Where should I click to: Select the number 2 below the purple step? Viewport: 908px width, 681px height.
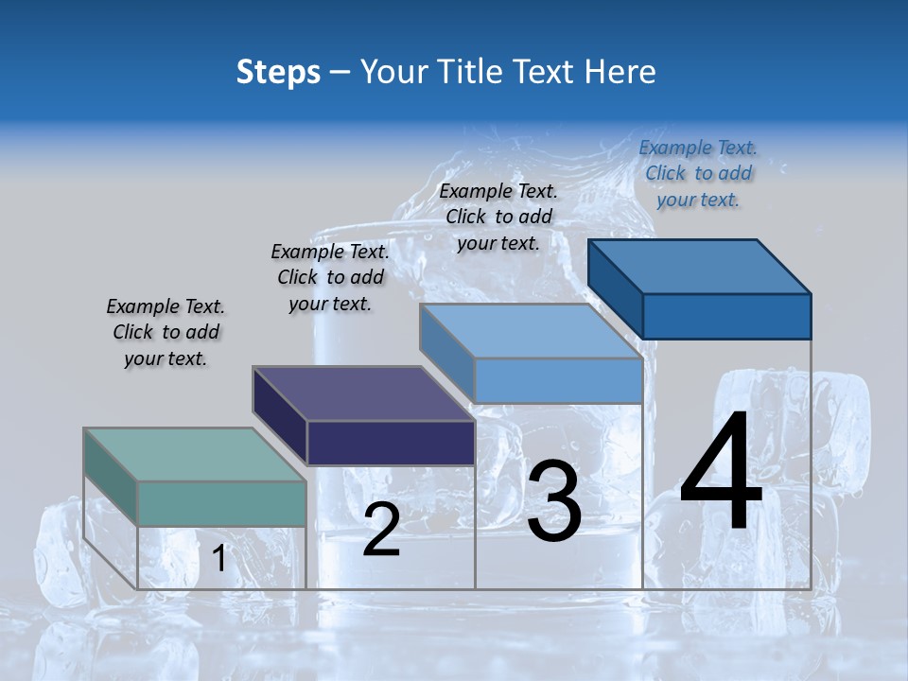[x=381, y=530]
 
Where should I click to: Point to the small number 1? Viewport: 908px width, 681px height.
[x=218, y=559]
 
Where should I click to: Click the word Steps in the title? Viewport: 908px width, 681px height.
[x=278, y=72]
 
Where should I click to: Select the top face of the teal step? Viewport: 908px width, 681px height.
[x=195, y=454]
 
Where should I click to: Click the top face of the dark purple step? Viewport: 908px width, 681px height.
[x=363, y=393]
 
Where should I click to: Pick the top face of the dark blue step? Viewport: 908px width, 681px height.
[x=700, y=266]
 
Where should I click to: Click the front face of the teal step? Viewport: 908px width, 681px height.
[x=221, y=503]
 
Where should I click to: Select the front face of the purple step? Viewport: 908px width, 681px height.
[x=391, y=443]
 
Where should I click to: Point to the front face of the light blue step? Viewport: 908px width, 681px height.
[x=558, y=380]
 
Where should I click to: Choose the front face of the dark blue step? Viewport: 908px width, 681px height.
[x=726, y=316]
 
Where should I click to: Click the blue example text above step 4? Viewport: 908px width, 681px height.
[x=698, y=173]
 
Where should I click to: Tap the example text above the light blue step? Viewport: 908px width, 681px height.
[x=498, y=217]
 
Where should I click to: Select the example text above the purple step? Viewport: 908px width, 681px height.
[x=330, y=277]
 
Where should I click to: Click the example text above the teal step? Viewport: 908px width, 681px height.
[x=166, y=332]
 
